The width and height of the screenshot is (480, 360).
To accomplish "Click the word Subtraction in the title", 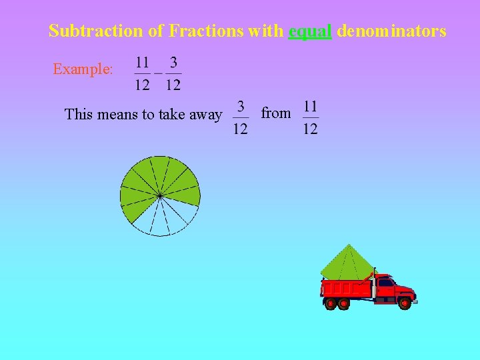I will tap(86, 31).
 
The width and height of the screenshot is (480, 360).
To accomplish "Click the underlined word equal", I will tap(310, 31).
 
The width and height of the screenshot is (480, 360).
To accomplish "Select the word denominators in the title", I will tap(391, 31).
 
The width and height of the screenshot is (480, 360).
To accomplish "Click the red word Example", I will tap(83, 69).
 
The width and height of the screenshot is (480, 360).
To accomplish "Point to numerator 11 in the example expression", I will tap(142, 63).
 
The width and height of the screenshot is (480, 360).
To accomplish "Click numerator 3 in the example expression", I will tap(173, 63).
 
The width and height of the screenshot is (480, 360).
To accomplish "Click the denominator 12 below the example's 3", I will tap(173, 85).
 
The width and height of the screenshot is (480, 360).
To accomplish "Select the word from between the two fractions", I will tap(275, 113).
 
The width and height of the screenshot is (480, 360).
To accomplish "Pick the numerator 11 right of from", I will tap(310, 106).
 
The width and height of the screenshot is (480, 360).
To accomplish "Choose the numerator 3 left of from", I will tap(241, 106).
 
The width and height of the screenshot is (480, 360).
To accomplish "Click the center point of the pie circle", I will tap(160, 195).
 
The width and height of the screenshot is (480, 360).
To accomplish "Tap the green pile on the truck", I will tap(347, 263).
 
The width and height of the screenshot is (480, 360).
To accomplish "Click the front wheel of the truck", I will tap(404, 303).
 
